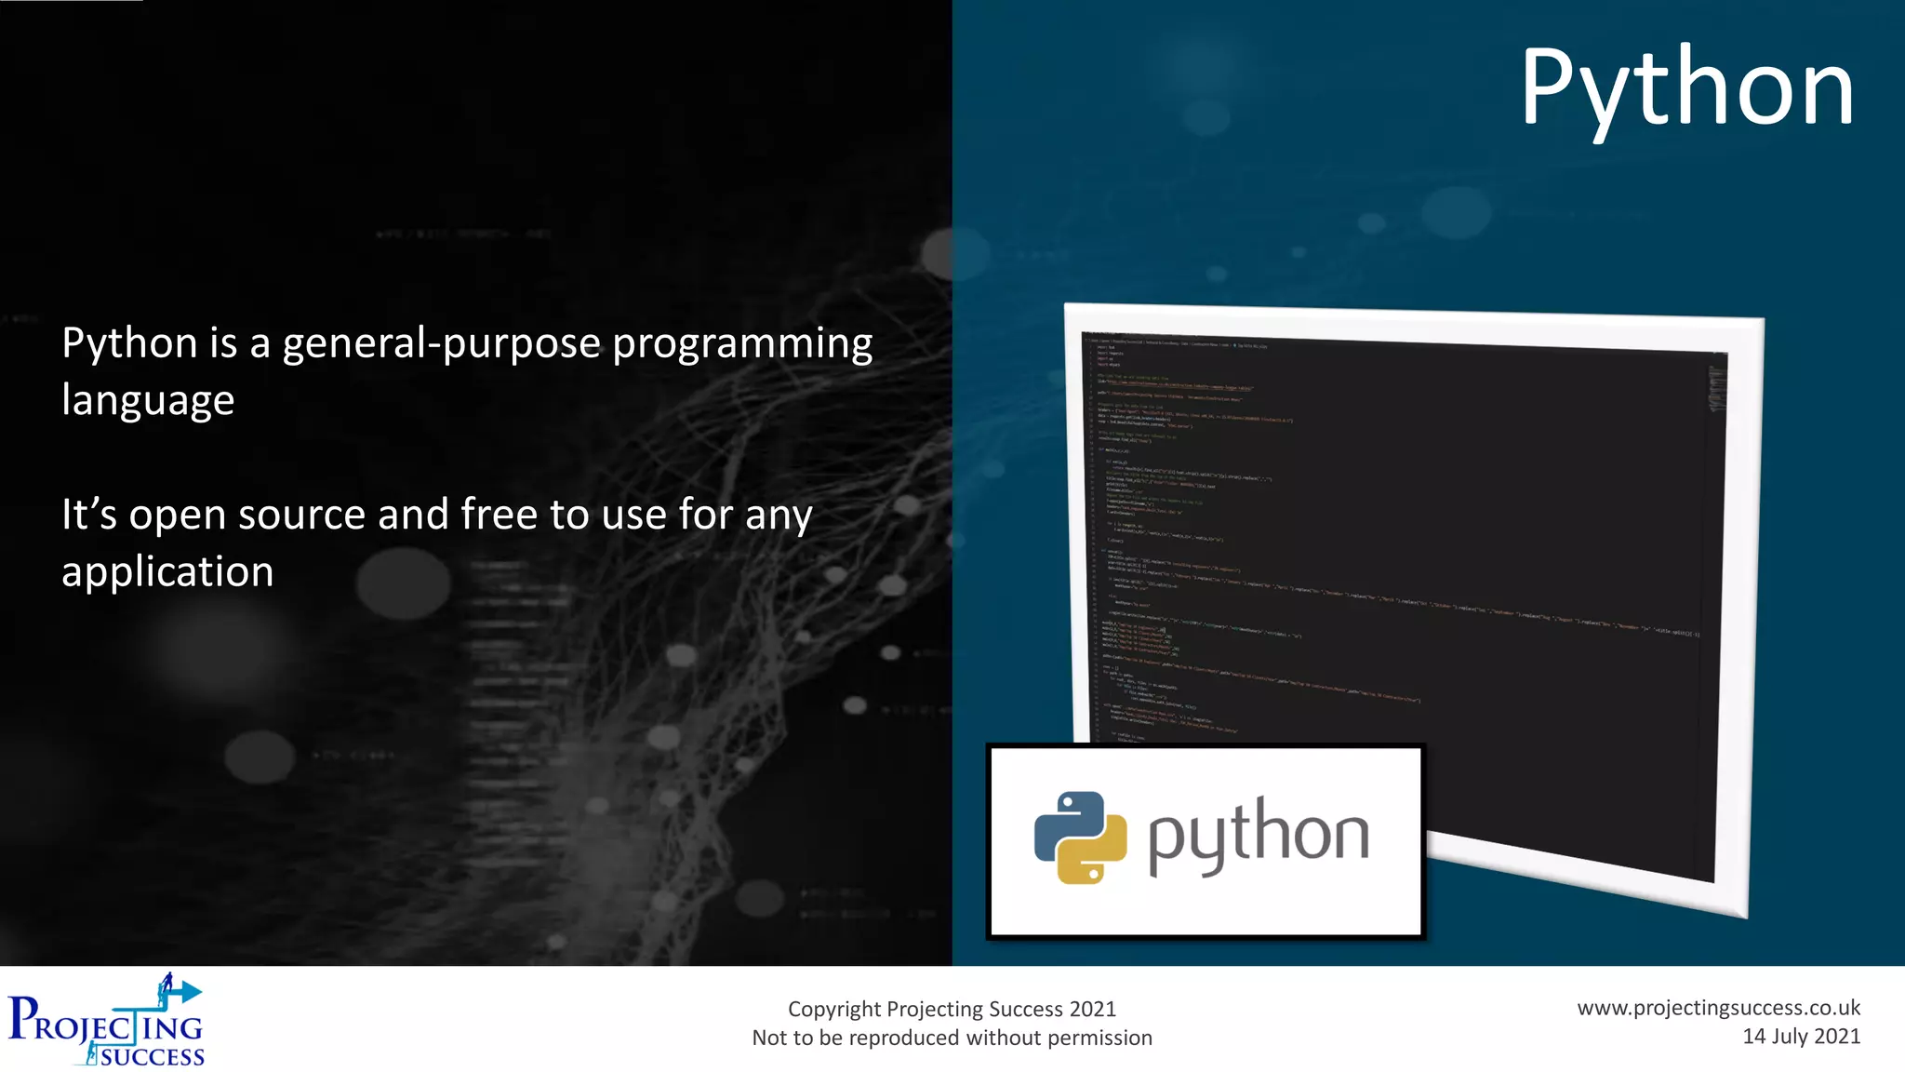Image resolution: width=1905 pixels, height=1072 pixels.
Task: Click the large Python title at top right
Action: tap(1686, 89)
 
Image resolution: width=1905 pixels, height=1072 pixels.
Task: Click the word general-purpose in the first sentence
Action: tap(442, 344)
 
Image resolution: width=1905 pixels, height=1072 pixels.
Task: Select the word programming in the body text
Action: tap(742, 344)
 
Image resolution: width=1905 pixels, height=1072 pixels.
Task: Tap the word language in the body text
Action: tap(148, 401)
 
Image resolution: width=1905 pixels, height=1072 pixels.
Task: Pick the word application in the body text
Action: tap(167, 572)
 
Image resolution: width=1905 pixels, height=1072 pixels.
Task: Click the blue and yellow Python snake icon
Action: tap(1080, 837)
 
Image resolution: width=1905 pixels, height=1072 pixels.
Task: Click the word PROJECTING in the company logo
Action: tap(104, 1025)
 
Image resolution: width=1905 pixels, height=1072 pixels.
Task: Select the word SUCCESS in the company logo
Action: tap(153, 1057)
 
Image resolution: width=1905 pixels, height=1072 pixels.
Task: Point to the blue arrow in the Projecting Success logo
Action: tap(185, 992)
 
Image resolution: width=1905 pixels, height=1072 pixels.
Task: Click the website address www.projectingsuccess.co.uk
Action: tap(1718, 1008)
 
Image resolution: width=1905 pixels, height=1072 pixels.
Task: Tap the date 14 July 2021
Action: tap(1801, 1037)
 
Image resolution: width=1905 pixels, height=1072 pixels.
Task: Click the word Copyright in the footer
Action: tap(833, 1010)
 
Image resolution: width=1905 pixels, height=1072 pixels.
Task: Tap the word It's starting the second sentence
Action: tap(89, 515)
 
